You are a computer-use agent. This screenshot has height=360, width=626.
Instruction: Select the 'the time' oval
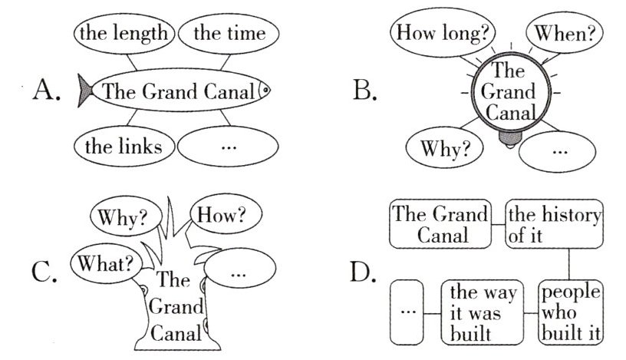click(x=229, y=34)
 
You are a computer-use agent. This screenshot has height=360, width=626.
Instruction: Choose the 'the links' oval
click(x=124, y=147)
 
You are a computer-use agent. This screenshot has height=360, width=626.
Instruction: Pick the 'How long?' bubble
click(x=443, y=34)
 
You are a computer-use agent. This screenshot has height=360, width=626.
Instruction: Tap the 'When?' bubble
click(x=564, y=35)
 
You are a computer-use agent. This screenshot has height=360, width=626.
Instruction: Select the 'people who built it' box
click(x=569, y=312)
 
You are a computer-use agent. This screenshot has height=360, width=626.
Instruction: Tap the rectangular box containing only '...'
click(x=407, y=312)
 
